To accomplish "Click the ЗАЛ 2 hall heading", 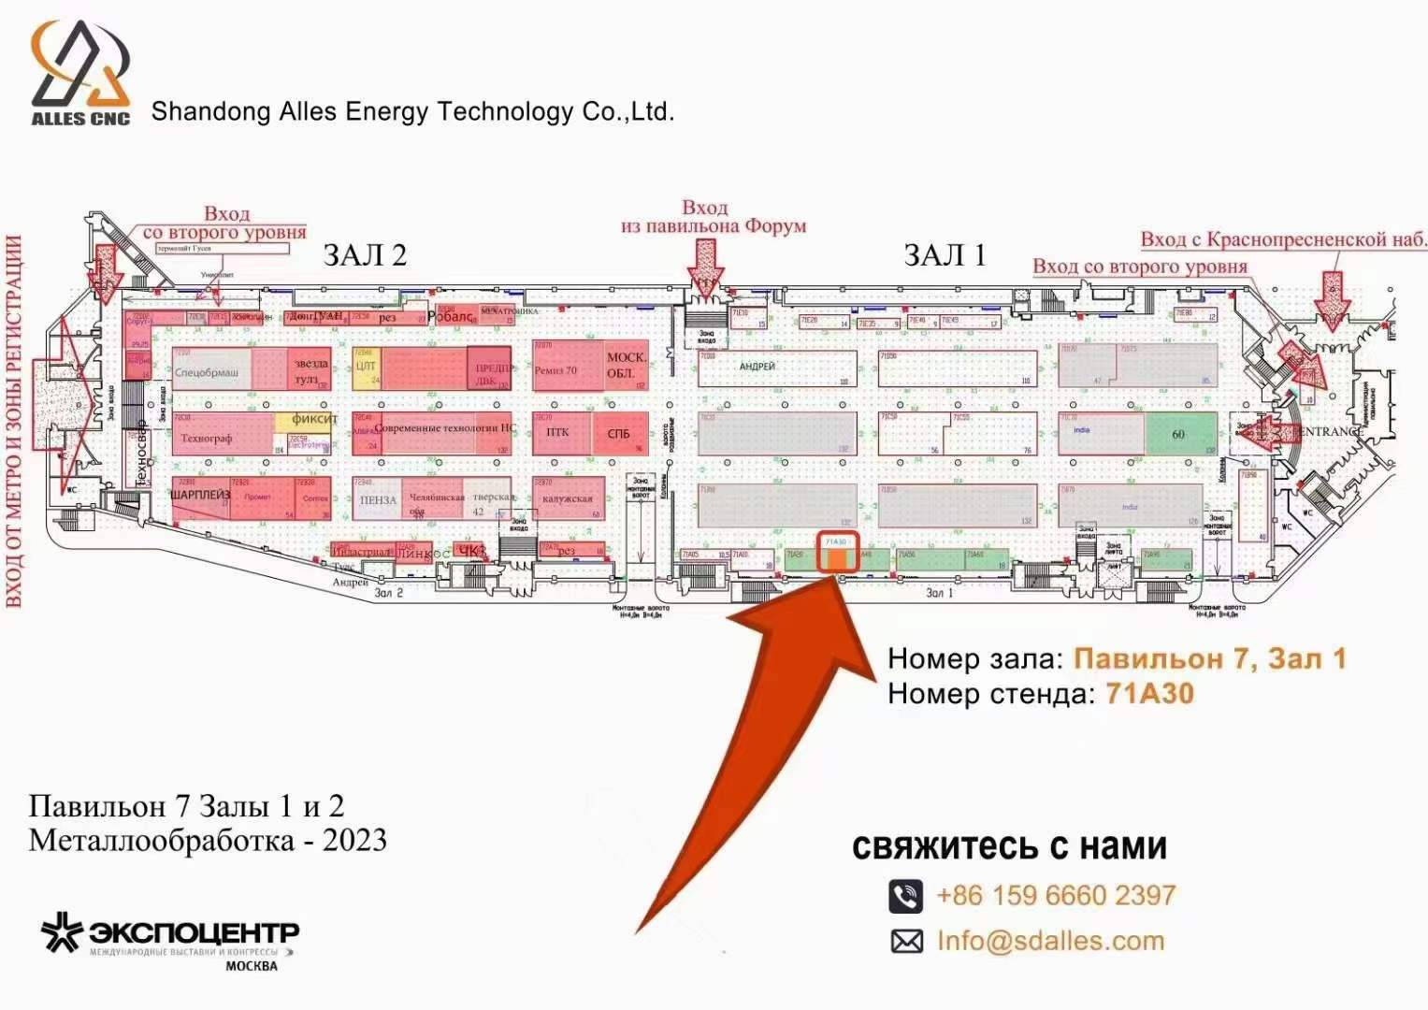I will [x=365, y=255].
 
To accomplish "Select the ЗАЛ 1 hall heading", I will [x=945, y=255].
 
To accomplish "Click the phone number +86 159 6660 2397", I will [x=1056, y=895].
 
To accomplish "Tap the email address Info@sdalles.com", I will [x=1050, y=941].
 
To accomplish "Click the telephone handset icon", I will [x=905, y=896].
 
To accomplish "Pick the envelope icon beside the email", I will [x=906, y=942].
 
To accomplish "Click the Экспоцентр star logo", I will [x=62, y=933].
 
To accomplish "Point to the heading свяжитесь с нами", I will [x=1009, y=846].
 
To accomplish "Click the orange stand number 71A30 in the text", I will [x=1149, y=693].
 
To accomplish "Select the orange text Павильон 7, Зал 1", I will [x=1209, y=658].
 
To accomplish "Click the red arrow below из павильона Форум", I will [x=705, y=266].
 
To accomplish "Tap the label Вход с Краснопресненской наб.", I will [x=1283, y=239].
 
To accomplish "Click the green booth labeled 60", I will [x=1180, y=434].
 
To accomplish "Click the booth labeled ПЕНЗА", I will [x=378, y=500].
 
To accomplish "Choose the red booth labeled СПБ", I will [x=619, y=434].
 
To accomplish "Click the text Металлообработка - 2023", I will [x=208, y=840].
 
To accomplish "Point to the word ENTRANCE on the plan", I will [x=1330, y=431].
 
